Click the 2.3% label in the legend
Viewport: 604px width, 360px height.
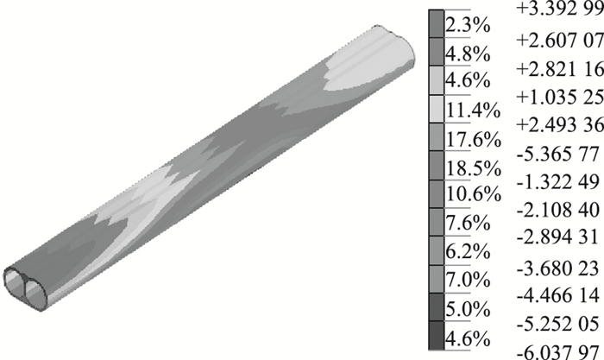[468, 26]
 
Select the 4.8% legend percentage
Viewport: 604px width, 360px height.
[468, 54]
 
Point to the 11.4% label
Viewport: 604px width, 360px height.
[473, 111]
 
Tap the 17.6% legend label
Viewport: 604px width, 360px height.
[474, 140]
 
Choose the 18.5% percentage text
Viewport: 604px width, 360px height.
[474, 168]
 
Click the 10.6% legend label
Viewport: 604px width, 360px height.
[474, 194]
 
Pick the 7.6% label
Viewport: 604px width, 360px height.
[468, 223]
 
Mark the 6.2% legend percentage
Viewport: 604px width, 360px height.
[468, 251]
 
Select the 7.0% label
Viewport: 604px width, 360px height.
[468, 280]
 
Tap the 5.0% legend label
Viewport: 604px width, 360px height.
[468, 309]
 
